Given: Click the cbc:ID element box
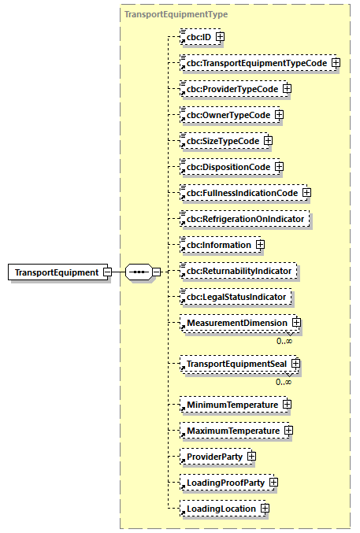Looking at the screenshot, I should tap(198, 37).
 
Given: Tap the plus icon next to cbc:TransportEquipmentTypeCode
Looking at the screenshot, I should tap(336, 63).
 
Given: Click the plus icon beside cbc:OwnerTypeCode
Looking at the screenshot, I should tap(279, 115).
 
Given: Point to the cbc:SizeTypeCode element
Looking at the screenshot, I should tap(221, 141).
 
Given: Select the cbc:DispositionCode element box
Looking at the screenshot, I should tap(226, 167).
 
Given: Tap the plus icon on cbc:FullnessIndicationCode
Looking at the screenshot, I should tap(306, 193).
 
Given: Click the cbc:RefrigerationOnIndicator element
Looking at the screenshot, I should tap(245, 219).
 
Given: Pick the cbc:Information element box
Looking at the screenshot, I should tap(217, 245).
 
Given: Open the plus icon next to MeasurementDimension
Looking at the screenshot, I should tap(296, 323).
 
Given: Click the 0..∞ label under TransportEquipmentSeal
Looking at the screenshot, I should tap(284, 382).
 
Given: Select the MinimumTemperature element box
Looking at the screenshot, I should tap(232, 405).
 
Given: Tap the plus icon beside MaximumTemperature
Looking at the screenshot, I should tap(289, 431).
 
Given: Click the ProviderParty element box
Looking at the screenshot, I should tap(213, 457).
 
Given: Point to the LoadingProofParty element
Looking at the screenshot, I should tap(225, 483).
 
